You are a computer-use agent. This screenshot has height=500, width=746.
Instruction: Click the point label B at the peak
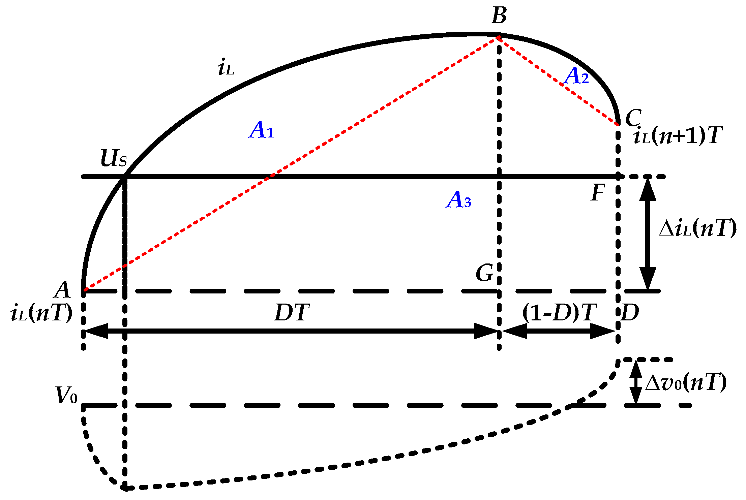(499, 16)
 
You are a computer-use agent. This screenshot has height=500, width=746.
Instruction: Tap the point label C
(633, 118)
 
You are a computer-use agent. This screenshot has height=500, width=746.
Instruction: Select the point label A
(63, 290)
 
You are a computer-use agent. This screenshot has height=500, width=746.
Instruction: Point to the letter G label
(484, 273)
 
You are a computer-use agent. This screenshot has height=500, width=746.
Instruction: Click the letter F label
(598, 192)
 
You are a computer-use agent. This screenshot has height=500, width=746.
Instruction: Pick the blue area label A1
(261, 130)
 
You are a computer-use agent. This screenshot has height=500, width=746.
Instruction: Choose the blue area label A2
(576, 76)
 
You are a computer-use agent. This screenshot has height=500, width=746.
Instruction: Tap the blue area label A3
(458, 199)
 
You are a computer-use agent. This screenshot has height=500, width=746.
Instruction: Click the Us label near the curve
(114, 158)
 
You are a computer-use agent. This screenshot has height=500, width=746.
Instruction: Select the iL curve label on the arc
(226, 68)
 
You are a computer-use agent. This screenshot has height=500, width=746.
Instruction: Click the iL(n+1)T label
(678, 136)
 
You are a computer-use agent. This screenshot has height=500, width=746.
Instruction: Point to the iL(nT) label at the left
(41, 313)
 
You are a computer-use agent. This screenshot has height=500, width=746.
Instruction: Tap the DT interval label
(292, 313)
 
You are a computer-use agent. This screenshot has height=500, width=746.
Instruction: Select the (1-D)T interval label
(559, 313)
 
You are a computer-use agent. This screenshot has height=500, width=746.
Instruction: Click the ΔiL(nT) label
(697, 229)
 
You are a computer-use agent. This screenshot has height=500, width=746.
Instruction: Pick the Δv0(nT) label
(686, 382)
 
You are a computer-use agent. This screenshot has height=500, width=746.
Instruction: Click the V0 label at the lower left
(66, 395)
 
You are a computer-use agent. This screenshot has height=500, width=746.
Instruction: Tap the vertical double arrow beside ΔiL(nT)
(647, 233)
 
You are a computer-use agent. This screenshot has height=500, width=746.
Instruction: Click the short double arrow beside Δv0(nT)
(636, 382)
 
